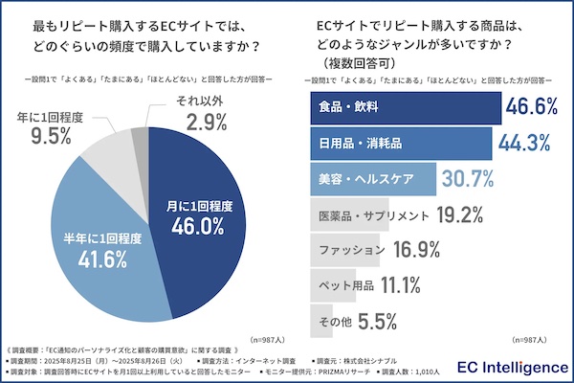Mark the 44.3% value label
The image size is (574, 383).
[522, 145]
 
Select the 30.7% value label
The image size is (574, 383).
[468, 179]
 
